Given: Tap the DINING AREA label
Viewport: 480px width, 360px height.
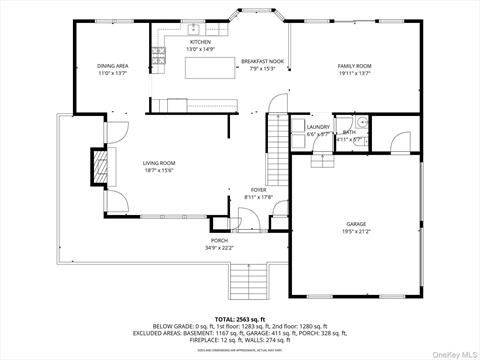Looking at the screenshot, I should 112,66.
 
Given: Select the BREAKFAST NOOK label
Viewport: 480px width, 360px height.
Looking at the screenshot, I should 263,62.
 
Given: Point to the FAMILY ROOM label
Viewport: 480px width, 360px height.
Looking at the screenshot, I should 353,66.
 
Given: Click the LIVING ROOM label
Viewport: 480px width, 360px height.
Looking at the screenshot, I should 158,163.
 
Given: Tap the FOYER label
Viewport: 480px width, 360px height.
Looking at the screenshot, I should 258,189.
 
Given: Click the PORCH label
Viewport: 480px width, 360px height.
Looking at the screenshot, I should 219,241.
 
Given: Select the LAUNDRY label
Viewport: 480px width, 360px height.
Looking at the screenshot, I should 318,127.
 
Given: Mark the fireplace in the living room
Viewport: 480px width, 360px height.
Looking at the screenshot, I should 97,163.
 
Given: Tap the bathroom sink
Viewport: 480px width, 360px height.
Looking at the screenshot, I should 363,123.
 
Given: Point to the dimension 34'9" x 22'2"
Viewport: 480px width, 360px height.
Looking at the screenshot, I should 219,248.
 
